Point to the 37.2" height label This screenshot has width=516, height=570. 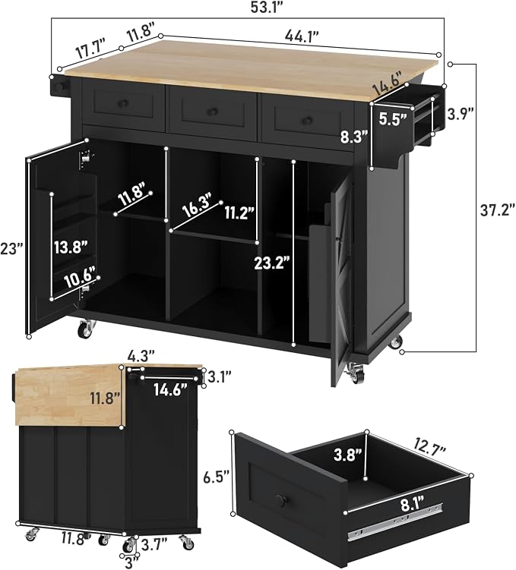click(498, 210)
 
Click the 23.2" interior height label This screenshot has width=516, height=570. click(273, 263)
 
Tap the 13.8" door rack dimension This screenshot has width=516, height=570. click(71, 247)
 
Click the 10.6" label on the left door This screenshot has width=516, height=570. click(80, 278)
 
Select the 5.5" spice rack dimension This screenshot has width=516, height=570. click(393, 118)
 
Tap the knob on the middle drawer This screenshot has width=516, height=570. click(213, 112)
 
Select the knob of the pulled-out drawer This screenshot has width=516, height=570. click(280, 500)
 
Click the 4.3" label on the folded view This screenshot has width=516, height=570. click(141, 355)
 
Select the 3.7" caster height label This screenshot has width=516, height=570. click(154, 545)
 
